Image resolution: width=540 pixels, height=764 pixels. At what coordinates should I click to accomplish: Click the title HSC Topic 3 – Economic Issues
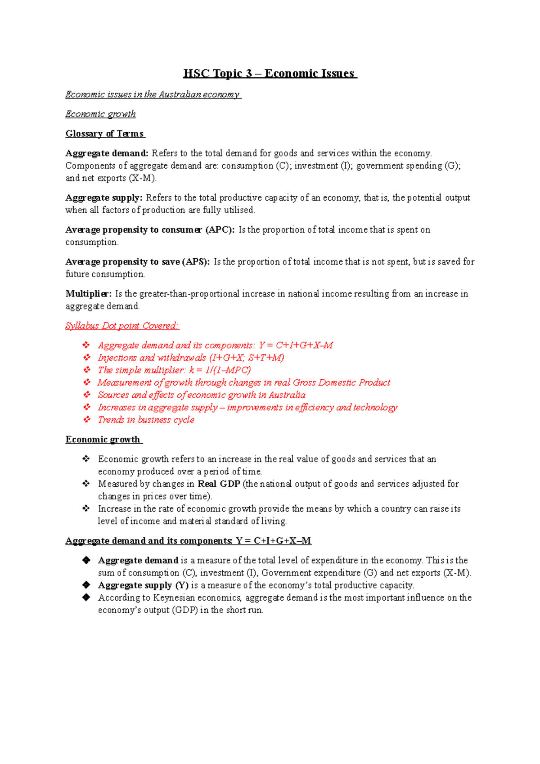pos(270,73)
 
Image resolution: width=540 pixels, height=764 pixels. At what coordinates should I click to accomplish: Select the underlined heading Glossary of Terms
pos(104,134)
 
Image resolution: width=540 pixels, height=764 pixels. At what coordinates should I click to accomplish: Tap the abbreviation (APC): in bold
pos(220,230)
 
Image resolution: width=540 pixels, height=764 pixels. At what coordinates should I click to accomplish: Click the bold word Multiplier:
pos(88,294)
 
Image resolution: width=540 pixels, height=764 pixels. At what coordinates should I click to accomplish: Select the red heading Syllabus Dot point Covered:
pos(122,326)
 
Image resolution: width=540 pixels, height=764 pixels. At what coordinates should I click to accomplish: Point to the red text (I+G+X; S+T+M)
pos(247,358)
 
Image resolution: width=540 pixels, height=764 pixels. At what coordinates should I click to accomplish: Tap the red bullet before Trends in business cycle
pos(86,419)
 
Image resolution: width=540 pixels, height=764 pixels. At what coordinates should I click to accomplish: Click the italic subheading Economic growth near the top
pos(100,114)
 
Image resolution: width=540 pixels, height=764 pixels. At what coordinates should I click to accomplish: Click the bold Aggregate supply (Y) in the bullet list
pos(143,585)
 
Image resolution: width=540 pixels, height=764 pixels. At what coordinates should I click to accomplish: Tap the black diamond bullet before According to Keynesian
pos(86,598)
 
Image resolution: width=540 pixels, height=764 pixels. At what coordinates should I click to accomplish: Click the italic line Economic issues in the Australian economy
pos(153,94)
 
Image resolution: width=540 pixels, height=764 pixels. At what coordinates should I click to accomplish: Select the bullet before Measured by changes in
pos(86,484)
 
